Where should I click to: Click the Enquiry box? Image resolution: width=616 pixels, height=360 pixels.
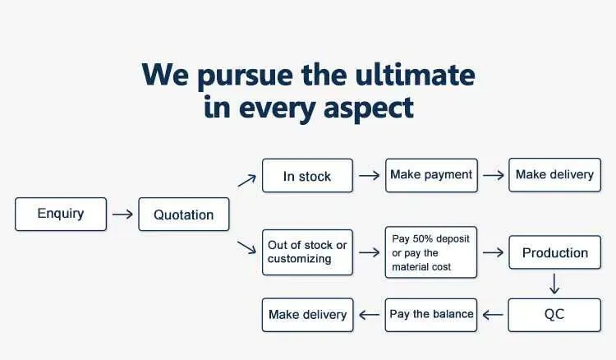(x=61, y=215)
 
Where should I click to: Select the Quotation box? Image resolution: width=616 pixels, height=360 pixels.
(x=184, y=215)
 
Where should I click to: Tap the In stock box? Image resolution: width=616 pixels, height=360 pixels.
(x=308, y=176)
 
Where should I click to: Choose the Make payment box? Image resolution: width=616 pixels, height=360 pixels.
(x=431, y=176)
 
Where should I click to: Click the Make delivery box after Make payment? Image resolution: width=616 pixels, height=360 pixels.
(x=554, y=175)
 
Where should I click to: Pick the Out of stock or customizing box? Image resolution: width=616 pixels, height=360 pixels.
(x=308, y=252)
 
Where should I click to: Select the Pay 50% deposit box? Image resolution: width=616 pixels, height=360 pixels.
(x=431, y=252)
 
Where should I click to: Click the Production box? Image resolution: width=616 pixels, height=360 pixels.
(x=554, y=252)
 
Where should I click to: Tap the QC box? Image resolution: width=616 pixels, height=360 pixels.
(x=554, y=315)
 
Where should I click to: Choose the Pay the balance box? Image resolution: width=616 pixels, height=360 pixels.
(x=431, y=315)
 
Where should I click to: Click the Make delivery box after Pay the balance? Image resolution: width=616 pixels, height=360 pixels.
(x=308, y=315)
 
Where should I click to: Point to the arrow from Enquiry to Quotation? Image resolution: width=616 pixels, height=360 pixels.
(x=122, y=215)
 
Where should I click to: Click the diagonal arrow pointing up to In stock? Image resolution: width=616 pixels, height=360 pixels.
(x=246, y=181)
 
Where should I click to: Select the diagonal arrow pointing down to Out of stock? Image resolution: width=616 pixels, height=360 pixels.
(x=246, y=247)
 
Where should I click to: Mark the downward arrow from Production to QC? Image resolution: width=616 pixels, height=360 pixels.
(x=554, y=284)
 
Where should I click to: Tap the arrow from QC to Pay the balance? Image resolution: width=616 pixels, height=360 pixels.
(x=493, y=315)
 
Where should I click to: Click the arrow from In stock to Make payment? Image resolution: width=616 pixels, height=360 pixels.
(x=370, y=175)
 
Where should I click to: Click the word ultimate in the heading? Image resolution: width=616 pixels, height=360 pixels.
(x=415, y=75)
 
